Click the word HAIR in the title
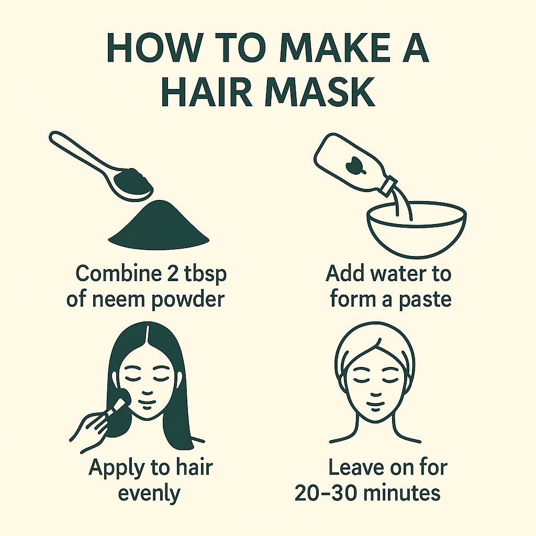tap(207, 92)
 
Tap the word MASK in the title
tap(320, 92)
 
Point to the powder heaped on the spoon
tap(133, 180)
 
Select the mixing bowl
tap(417, 229)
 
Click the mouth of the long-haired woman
tap(147, 407)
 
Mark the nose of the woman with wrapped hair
tap(375, 395)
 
